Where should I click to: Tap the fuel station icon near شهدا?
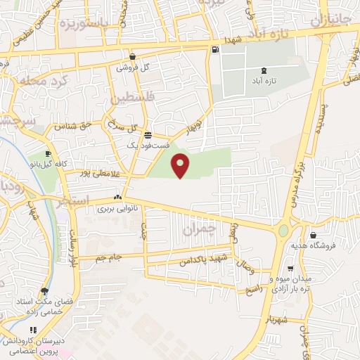214,49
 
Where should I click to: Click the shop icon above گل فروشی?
132,57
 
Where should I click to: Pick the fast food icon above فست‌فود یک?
147,135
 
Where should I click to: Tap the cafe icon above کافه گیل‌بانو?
48,154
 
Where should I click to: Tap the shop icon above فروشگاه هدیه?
312,236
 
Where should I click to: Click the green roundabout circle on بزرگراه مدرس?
283,230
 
